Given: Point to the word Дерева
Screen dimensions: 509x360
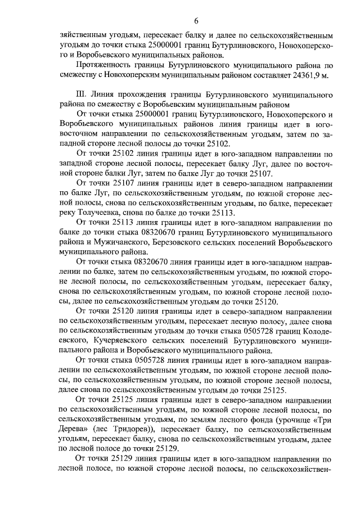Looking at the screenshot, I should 73,427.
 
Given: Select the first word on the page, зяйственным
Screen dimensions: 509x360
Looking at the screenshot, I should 88,35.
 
